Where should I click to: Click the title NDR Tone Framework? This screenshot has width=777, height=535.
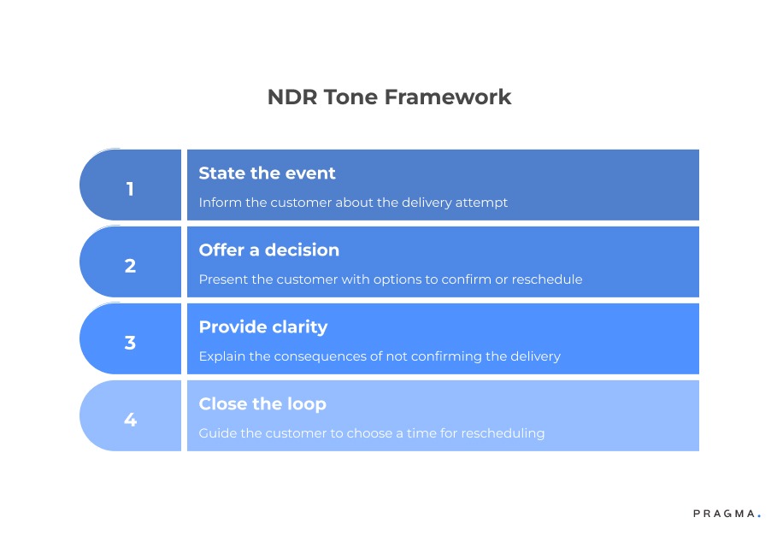[389, 97]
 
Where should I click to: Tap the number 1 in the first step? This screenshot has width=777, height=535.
[130, 189]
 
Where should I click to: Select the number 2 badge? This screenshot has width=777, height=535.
[130, 266]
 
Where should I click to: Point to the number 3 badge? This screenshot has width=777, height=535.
[130, 343]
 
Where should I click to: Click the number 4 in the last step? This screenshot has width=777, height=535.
[130, 420]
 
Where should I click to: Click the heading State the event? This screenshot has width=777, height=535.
[267, 173]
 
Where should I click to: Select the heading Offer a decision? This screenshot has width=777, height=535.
[268, 250]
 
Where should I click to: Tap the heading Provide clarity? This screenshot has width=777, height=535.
[262, 327]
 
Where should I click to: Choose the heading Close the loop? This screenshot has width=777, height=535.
[262, 404]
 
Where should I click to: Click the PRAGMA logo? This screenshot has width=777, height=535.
[726, 514]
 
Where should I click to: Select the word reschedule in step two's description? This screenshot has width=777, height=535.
[547, 279]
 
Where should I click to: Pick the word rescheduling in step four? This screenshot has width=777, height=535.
[503, 433]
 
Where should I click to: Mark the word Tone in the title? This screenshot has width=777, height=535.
[350, 97]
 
